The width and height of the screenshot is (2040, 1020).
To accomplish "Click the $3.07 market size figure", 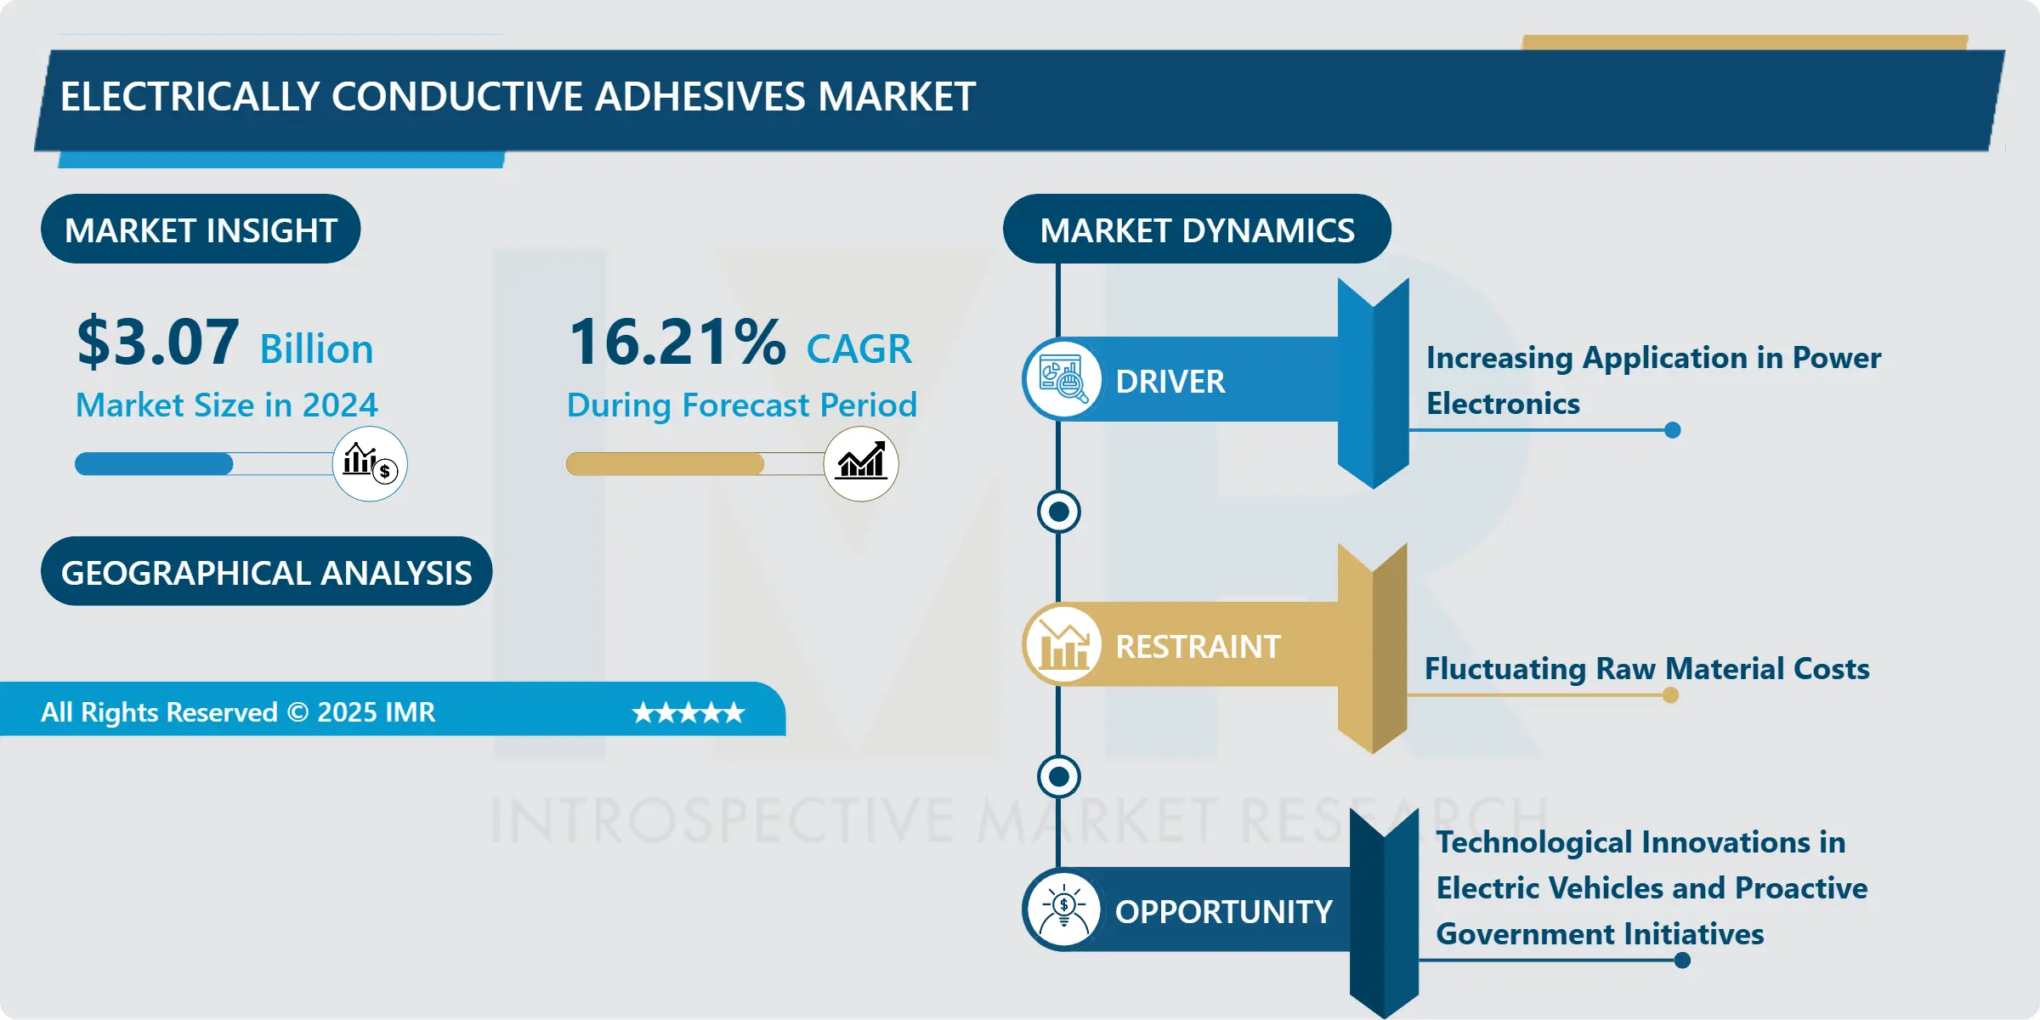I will pyautogui.click(x=158, y=343).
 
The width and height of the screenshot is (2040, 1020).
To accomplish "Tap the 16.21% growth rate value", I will pyautogui.click(x=677, y=343).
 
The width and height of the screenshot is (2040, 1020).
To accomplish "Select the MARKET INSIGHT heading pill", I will pyautogui.click(x=201, y=229).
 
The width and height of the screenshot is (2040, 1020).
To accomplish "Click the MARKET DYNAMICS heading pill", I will pyautogui.click(x=1197, y=229).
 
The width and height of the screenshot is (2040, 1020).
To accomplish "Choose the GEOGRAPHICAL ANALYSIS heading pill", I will pyautogui.click(x=266, y=572).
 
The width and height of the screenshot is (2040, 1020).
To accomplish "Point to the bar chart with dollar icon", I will pyautogui.click(x=370, y=464).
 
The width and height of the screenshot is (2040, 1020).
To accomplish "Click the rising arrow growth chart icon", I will pyautogui.click(x=861, y=464).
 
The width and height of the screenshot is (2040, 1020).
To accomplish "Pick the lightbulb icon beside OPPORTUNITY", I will pyautogui.click(x=1063, y=909).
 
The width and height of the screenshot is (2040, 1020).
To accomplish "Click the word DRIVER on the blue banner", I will pyautogui.click(x=1170, y=382).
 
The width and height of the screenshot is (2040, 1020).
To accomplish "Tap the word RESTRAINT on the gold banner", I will pyautogui.click(x=1197, y=647).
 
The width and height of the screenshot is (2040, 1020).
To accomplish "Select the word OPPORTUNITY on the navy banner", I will pyautogui.click(x=1223, y=912).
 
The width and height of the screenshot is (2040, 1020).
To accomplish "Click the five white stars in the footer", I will pyautogui.click(x=688, y=712).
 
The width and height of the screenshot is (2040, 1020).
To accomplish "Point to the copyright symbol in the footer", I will pyautogui.click(x=297, y=712).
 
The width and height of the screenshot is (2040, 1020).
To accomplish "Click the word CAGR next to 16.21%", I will pyautogui.click(x=858, y=349).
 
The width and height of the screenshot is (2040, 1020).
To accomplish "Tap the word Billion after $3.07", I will pyautogui.click(x=316, y=349).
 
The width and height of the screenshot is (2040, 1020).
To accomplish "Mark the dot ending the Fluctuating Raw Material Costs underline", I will pyautogui.click(x=1670, y=695).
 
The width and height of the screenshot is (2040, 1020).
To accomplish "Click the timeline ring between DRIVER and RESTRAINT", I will pyautogui.click(x=1059, y=512).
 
